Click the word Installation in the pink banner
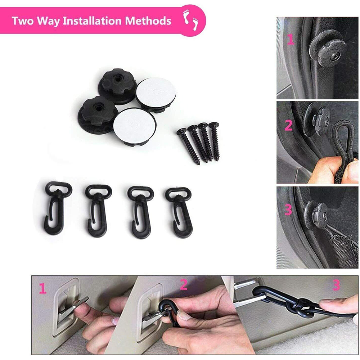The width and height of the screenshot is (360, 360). tap(92, 21)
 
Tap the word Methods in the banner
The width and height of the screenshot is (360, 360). tap(148, 21)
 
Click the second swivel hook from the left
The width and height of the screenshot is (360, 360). tap(98, 211)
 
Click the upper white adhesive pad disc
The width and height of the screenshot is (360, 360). tap(156, 94)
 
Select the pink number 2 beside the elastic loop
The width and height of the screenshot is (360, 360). tap(289, 125)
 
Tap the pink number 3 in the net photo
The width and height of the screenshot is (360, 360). tap(288, 210)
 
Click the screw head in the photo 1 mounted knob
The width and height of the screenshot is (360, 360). tap(335, 56)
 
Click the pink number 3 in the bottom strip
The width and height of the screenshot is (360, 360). tap(336, 285)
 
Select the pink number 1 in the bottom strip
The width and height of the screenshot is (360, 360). tap(42, 288)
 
